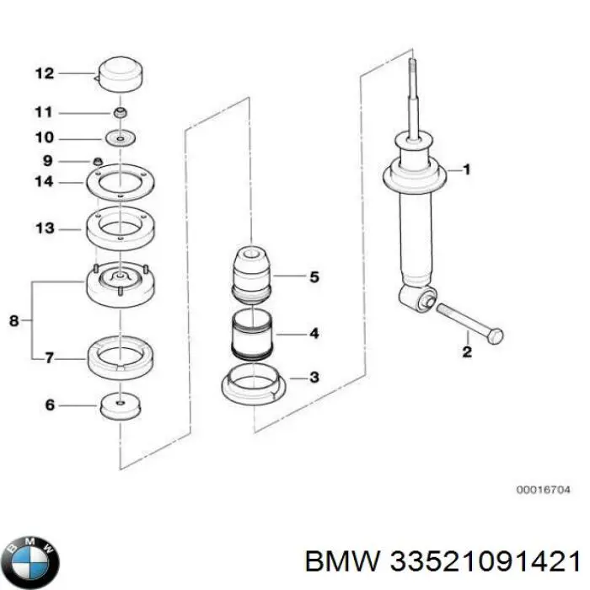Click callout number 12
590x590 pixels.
click(44, 73)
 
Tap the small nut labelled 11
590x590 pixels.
click(122, 112)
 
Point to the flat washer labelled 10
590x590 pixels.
click(122, 137)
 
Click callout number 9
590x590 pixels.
click(47, 160)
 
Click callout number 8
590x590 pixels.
click(13, 320)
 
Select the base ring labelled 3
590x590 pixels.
click(253, 386)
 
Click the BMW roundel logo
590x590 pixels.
click(32, 558)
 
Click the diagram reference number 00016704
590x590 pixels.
click(544, 488)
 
